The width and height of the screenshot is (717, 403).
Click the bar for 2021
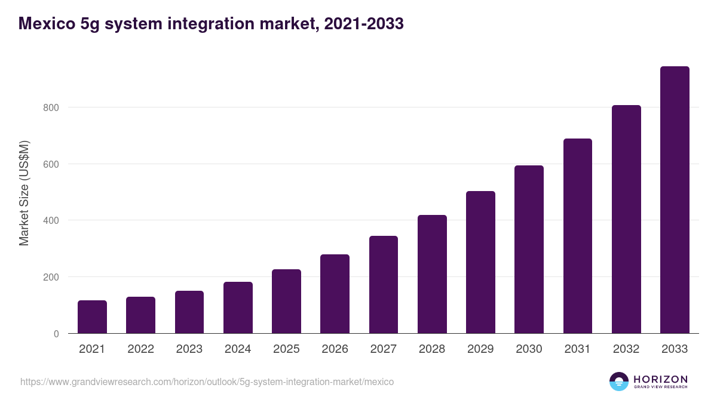[x=92, y=317]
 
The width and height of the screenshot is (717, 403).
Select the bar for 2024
[x=238, y=307]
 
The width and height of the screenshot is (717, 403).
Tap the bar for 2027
[x=384, y=285]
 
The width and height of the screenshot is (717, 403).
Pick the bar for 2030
[x=529, y=250]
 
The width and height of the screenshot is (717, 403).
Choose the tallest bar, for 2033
[x=675, y=200]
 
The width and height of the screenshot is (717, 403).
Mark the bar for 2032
[x=626, y=219]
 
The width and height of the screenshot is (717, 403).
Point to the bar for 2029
[x=480, y=262]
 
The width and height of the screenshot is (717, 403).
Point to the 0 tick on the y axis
[x=56, y=334]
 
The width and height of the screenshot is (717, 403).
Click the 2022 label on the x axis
[x=140, y=349]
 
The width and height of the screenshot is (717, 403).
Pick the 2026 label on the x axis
[x=335, y=349]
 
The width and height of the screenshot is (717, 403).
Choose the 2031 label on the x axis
[x=577, y=349]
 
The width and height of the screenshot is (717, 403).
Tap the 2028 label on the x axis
[x=432, y=349]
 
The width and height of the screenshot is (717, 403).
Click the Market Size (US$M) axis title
[x=24, y=193]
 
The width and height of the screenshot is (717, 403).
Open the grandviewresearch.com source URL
[x=207, y=382]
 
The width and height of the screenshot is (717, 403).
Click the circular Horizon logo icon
[x=619, y=382]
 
